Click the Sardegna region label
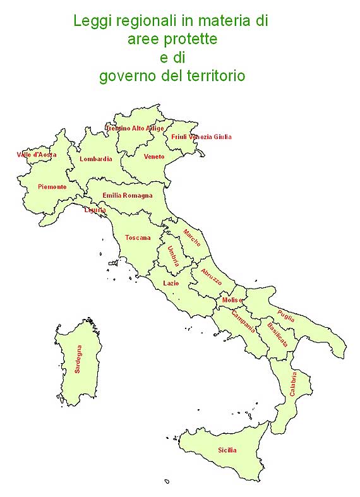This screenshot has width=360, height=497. click(x=78, y=359)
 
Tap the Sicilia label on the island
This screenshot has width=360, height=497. click(x=227, y=450)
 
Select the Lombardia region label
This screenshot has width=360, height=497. click(x=96, y=159)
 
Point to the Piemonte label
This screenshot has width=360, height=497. click(x=52, y=187)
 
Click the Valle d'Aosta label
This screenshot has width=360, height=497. click(x=36, y=155)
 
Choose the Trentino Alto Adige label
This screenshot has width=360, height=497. click(x=134, y=128)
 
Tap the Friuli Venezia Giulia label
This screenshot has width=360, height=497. click(x=201, y=136)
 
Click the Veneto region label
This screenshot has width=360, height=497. click(x=154, y=157)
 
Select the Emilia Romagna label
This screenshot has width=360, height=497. click(x=128, y=196)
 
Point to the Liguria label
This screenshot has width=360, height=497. click(x=95, y=210)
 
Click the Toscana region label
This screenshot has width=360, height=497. click(x=138, y=238)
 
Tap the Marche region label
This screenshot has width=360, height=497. click(x=192, y=238)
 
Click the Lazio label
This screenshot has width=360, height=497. click(x=171, y=284)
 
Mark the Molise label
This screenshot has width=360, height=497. click(x=232, y=300)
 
